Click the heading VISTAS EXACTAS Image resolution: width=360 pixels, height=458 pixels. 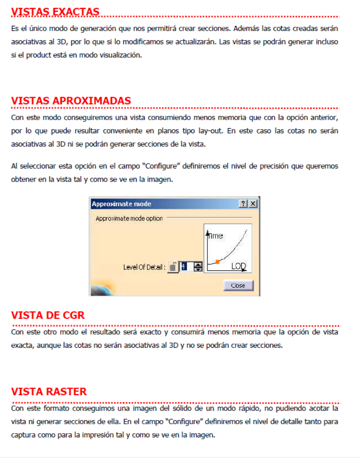click(x=55, y=11)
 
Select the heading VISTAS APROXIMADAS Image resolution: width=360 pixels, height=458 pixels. click(x=71, y=101)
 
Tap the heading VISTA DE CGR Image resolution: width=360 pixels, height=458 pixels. click(x=47, y=315)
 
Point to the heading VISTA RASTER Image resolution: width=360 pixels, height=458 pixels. click(x=49, y=391)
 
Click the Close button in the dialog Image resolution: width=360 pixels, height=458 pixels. click(x=238, y=285)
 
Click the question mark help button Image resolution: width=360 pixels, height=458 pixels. click(x=243, y=204)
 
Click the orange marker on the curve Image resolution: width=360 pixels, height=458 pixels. click(x=217, y=261)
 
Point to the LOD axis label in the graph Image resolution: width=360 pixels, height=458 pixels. click(x=238, y=266)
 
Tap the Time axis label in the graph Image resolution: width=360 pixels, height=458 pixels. click(x=215, y=236)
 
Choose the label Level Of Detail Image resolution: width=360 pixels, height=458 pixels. click(x=144, y=267)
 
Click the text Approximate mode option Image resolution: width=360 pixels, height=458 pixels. click(x=129, y=219)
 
